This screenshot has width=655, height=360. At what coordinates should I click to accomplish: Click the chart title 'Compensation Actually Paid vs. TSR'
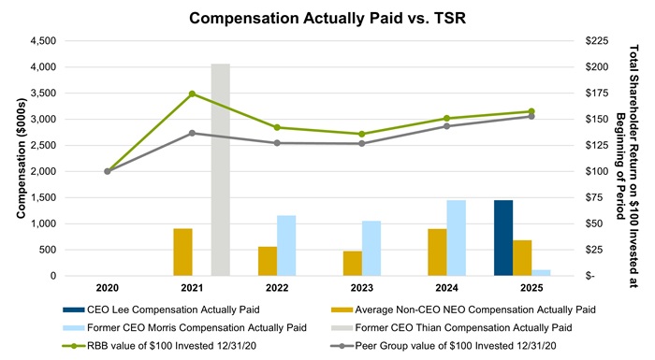pyautogui.click(x=327, y=18)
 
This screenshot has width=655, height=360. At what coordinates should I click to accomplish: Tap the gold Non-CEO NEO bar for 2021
pyautogui.click(x=182, y=252)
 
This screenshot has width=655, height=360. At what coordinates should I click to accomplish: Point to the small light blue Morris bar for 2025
pyautogui.click(x=541, y=272)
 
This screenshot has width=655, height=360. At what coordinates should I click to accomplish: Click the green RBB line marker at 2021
pyautogui.click(x=192, y=94)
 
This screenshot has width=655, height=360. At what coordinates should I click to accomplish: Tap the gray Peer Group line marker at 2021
pyautogui.click(x=192, y=133)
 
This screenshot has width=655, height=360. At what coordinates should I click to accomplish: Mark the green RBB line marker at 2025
pyautogui.click(x=531, y=111)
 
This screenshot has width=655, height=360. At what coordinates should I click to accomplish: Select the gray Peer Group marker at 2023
pyautogui.click(x=361, y=143)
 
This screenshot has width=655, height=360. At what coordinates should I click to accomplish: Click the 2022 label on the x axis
pyautogui.click(x=276, y=288)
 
